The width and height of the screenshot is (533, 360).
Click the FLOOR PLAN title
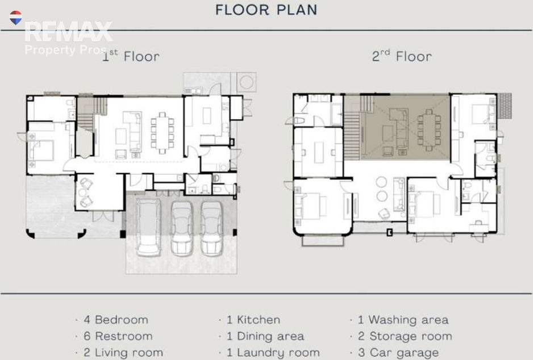click(266, 10)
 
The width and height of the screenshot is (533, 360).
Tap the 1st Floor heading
click(131, 56)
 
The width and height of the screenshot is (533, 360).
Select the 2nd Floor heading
click(402, 56)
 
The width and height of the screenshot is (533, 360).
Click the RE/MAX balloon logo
click(16, 18)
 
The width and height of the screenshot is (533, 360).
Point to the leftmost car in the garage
click(148, 227)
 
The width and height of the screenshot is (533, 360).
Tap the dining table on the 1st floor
click(163, 133)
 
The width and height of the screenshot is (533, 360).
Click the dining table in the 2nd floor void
click(429, 130)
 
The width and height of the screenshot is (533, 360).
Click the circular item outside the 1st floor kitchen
click(247, 82)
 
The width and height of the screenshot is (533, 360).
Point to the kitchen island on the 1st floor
click(207, 115)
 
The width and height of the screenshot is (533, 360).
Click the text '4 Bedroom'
click(116, 320)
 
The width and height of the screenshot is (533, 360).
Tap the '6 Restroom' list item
click(118, 336)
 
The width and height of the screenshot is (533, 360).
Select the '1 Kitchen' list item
click(253, 320)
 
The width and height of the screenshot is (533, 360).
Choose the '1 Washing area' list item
click(403, 320)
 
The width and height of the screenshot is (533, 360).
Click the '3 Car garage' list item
click(398, 353)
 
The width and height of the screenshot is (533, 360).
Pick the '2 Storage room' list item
click(405, 336)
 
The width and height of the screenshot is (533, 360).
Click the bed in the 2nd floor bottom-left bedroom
click(310, 206)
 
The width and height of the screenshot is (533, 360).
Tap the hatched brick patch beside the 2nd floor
click(505, 106)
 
